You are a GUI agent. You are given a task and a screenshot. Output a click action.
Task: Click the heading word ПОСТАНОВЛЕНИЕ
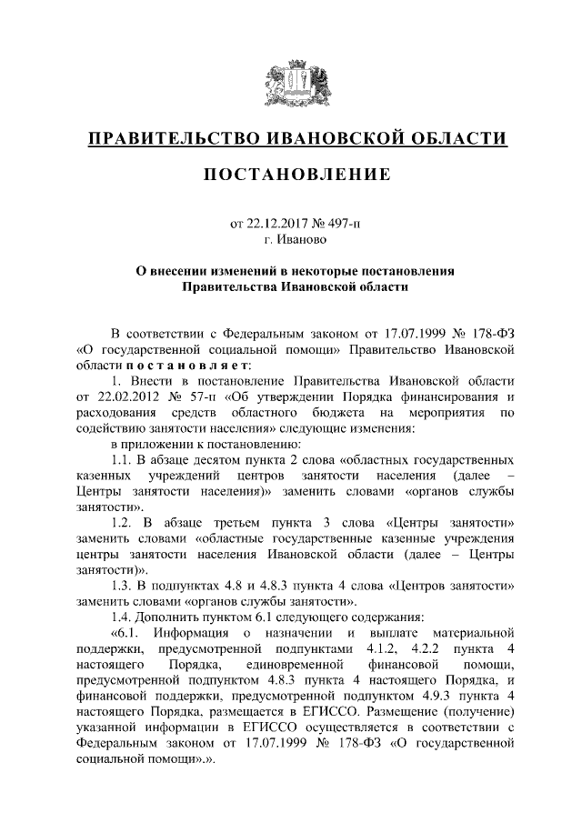291,173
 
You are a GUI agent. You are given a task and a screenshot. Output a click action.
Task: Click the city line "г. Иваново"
291,240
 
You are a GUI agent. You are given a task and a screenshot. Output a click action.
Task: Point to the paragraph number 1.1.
120,462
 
